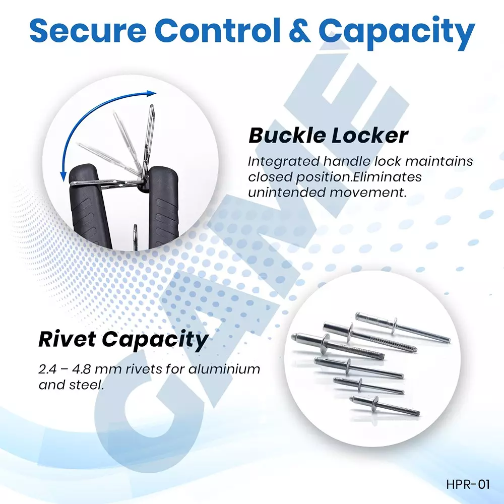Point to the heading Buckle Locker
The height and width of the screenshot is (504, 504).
(328, 136)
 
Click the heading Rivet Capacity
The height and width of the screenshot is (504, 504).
(123, 340)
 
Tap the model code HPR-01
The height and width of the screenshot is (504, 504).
(468, 485)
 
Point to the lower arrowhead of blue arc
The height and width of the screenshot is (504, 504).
(64, 176)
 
